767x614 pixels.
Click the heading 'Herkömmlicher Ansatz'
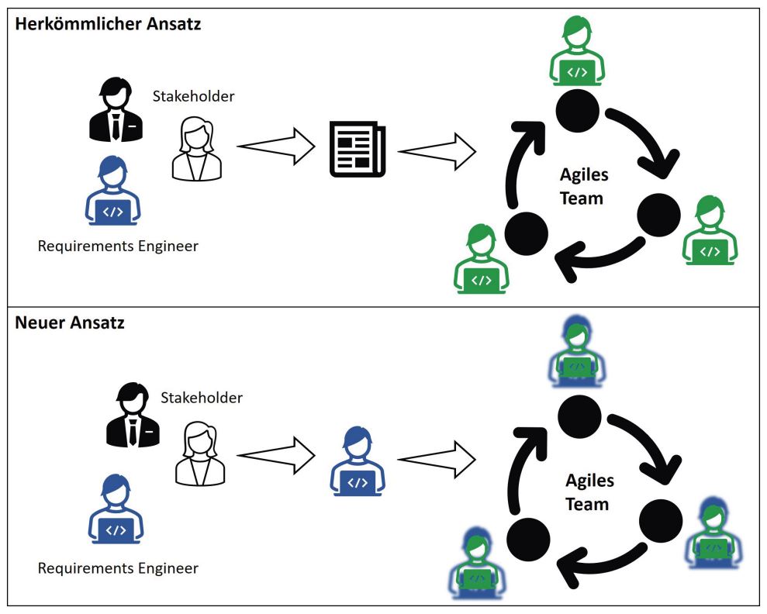(108, 24)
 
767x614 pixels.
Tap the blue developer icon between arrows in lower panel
(358, 462)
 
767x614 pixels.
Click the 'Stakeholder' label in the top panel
(193, 96)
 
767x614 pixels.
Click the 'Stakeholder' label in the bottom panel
(202, 398)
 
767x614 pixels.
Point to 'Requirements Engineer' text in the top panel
(118, 247)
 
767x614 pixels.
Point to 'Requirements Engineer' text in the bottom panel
(118, 568)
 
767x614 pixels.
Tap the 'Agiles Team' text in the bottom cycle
(589, 492)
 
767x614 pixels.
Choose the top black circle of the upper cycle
(578, 109)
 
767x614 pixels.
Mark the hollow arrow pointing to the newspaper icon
(275, 145)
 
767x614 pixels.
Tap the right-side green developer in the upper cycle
(710, 231)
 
